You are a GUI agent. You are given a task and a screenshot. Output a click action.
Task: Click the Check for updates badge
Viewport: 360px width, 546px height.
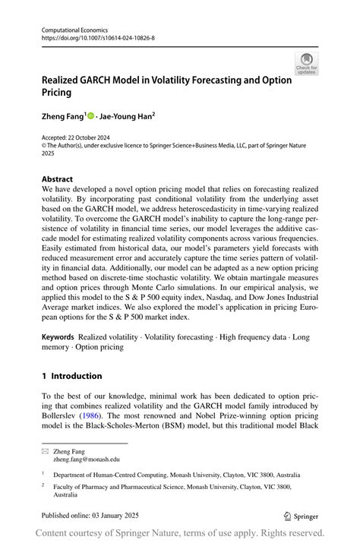[306, 63]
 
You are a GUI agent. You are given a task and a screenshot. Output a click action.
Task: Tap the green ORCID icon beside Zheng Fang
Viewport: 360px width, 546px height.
[90, 116]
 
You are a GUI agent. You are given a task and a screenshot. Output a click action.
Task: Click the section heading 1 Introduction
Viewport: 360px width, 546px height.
[72, 375]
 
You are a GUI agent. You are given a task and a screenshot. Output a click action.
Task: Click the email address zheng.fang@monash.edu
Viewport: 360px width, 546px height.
[86, 459]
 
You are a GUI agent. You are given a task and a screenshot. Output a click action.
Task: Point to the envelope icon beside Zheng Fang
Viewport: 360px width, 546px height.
[45, 451]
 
